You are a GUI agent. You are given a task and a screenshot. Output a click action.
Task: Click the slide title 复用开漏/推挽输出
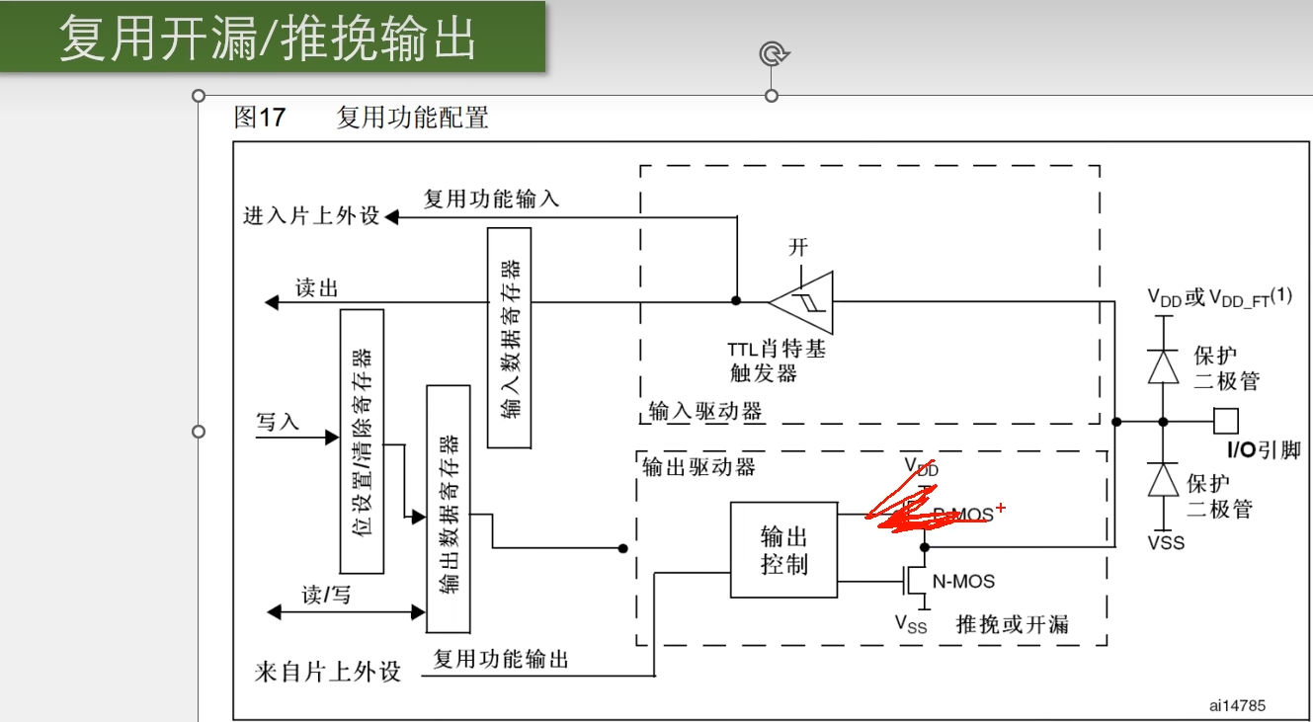tap(268, 39)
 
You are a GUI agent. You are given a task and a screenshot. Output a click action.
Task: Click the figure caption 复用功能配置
tap(413, 119)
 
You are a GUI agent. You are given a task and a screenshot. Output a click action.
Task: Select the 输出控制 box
tap(784, 549)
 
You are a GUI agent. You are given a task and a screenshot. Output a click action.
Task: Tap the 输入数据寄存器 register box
tap(509, 337)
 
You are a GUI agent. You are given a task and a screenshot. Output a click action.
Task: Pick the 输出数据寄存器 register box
tap(448, 509)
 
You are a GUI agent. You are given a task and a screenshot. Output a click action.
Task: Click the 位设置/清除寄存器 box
tap(361, 441)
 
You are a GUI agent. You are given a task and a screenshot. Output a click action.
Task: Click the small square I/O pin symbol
tap(1226, 422)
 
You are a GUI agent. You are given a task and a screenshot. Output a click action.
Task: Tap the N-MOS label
tap(963, 582)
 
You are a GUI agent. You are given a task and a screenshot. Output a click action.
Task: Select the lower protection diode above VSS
tap(1164, 480)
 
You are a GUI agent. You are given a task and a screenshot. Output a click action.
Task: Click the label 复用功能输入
tap(491, 199)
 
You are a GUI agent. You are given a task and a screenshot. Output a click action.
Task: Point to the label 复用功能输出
tap(501, 659)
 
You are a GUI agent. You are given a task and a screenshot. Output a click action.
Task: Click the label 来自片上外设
tap(328, 673)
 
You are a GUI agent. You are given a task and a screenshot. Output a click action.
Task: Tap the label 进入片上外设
tap(311, 216)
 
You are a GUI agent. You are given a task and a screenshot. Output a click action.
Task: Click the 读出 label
tap(316, 288)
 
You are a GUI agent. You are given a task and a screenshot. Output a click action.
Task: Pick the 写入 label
tap(277, 422)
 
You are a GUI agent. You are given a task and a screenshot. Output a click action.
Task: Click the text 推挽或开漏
tap(1012, 624)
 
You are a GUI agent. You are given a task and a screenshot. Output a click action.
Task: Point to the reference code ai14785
tap(1237, 705)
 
